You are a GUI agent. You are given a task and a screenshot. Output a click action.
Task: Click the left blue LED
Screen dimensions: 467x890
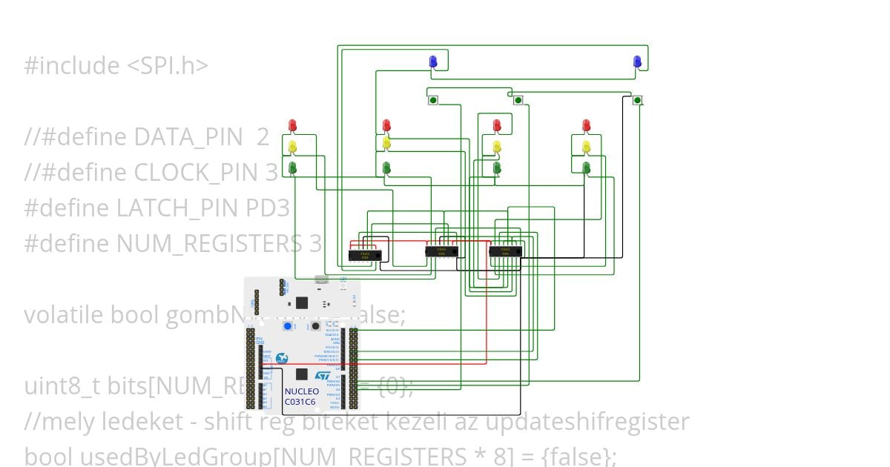coord(433,62)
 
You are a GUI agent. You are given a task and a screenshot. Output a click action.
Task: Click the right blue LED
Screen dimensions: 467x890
coord(637,62)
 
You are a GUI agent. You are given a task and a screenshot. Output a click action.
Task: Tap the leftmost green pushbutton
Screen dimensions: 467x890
coord(433,100)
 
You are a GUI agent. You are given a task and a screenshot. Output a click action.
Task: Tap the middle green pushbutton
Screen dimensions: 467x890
coord(518,100)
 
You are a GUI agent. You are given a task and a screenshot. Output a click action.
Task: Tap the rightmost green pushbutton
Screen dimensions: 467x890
coord(637,100)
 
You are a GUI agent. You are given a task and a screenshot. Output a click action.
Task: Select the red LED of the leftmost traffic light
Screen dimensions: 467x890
coord(292,125)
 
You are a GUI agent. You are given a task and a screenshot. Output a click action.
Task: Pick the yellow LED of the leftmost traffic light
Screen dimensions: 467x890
coord(292,146)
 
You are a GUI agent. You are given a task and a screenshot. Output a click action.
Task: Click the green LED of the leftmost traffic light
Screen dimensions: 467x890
coord(292,168)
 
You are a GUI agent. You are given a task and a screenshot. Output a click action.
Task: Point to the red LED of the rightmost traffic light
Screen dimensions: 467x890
coord(586,125)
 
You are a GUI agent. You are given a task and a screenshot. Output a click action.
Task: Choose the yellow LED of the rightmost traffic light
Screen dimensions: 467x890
coord(586,146)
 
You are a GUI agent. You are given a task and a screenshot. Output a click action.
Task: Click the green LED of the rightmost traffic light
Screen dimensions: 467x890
coord(586,168)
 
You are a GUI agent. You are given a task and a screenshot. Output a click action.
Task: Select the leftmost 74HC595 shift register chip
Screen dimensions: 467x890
coord(365,255)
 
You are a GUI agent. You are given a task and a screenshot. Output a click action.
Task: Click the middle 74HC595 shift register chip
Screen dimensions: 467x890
coord(441,251)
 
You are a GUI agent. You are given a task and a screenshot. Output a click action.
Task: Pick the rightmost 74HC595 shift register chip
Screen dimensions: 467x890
coord(505,251)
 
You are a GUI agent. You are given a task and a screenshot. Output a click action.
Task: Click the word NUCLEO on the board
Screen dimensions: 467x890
coord(301,391)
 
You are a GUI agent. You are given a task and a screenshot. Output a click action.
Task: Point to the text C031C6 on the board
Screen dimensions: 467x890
coord(300,402)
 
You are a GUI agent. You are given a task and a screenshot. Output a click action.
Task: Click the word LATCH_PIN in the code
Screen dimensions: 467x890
coord(179,208)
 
